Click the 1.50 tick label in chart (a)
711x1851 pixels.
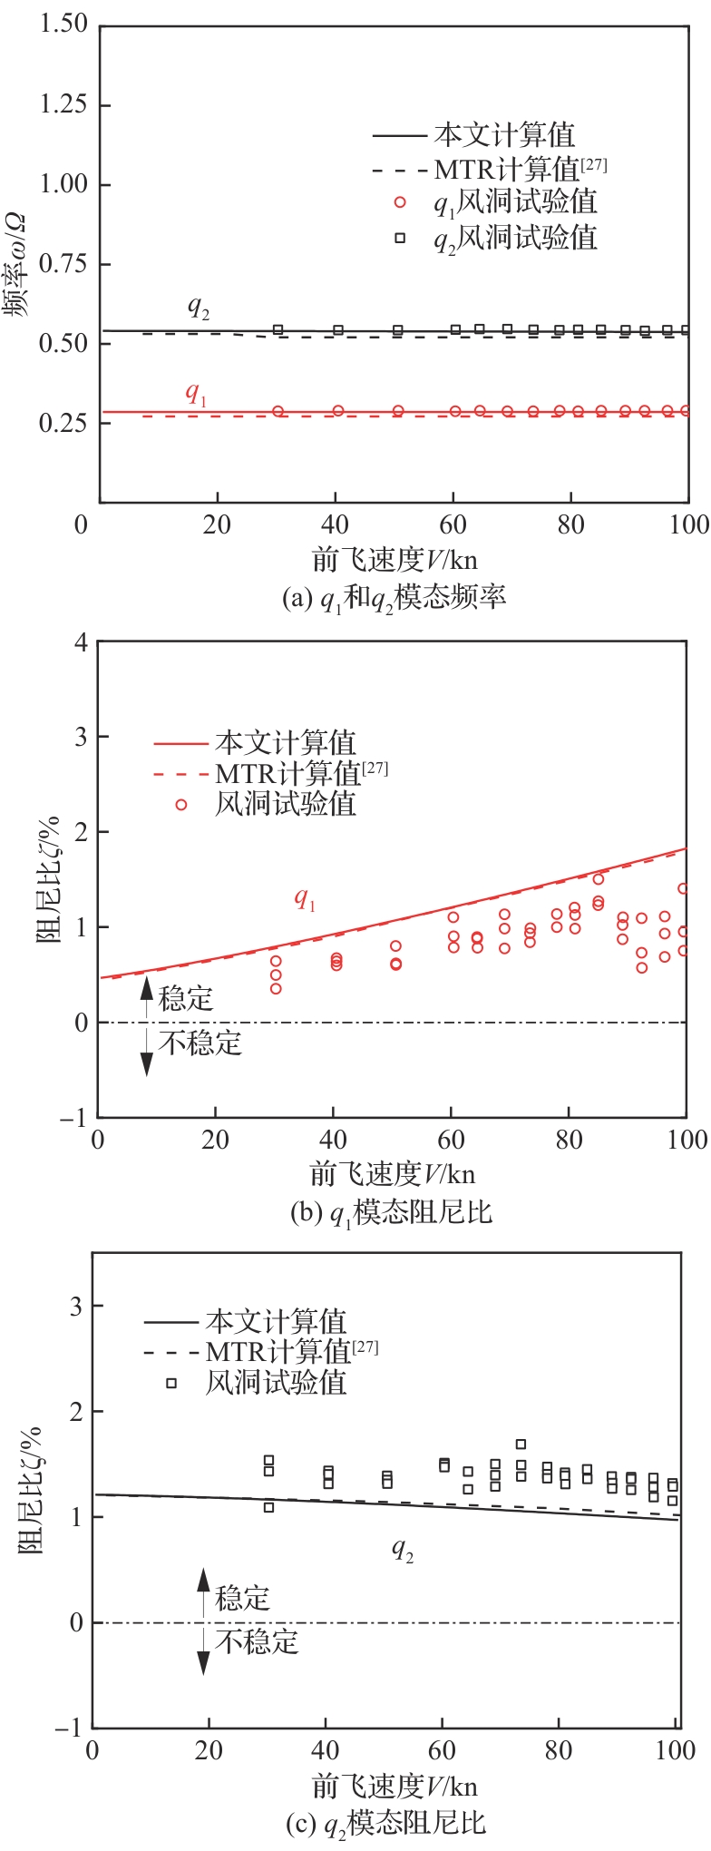coord(63,24)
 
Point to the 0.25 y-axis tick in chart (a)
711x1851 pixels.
coord(63,423)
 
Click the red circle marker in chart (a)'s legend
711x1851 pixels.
coord(399,202)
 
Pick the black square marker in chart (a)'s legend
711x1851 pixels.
coord(399,238)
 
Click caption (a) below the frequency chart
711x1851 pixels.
coord(394,598)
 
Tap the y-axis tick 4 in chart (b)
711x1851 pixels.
coord(81,641)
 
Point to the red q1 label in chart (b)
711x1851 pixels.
coord(305,899)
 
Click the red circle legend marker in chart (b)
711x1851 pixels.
coord(181,804)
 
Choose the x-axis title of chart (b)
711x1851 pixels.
coord(393,1173)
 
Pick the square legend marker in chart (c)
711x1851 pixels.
coord(170,1384)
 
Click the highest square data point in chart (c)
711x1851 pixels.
coord(521,1445)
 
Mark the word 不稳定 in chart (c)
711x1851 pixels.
coord(257,1641)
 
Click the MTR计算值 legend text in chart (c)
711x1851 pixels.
coord(278,1352)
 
